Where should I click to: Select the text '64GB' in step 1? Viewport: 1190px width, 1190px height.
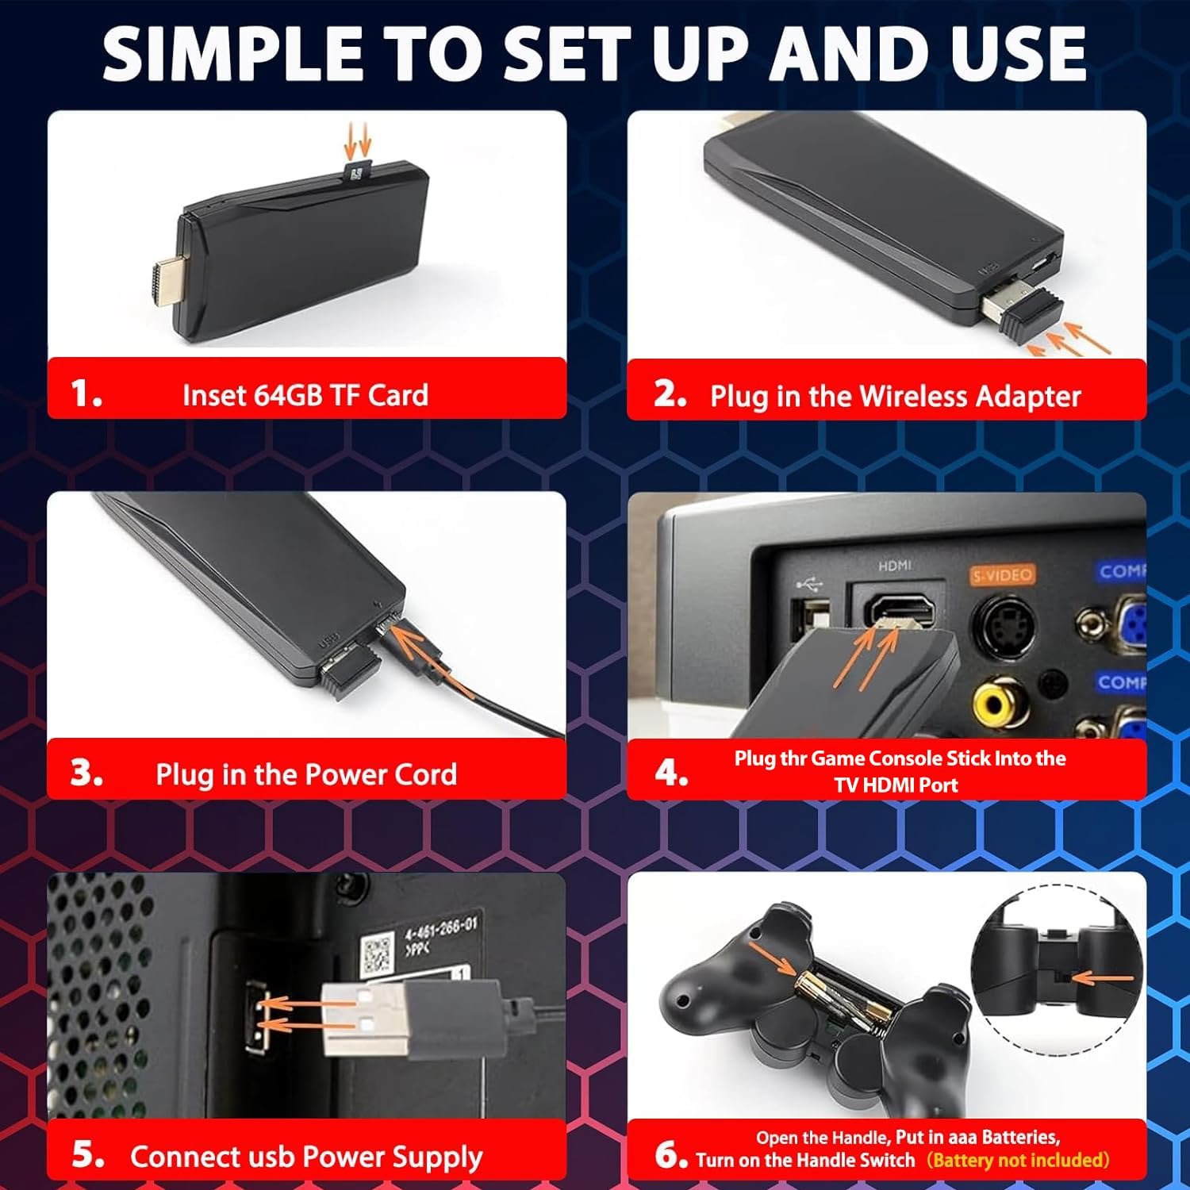(x=288, y=395)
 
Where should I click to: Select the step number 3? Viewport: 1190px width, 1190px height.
(x=86, y=773)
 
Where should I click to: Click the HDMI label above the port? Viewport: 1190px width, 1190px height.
(x=895, y=566)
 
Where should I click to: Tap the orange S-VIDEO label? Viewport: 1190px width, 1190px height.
(x=1003, y=575)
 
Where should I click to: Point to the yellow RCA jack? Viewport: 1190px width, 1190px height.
(x=998, y=701)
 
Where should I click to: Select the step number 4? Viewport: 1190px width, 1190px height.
(x=671, y=772)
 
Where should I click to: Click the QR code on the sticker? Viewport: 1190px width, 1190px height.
(x=378, y=955)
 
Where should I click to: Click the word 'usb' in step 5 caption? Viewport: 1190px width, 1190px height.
(x=271, y=1157)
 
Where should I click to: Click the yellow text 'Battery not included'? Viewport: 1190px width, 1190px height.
(x=1018, y=1160)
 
